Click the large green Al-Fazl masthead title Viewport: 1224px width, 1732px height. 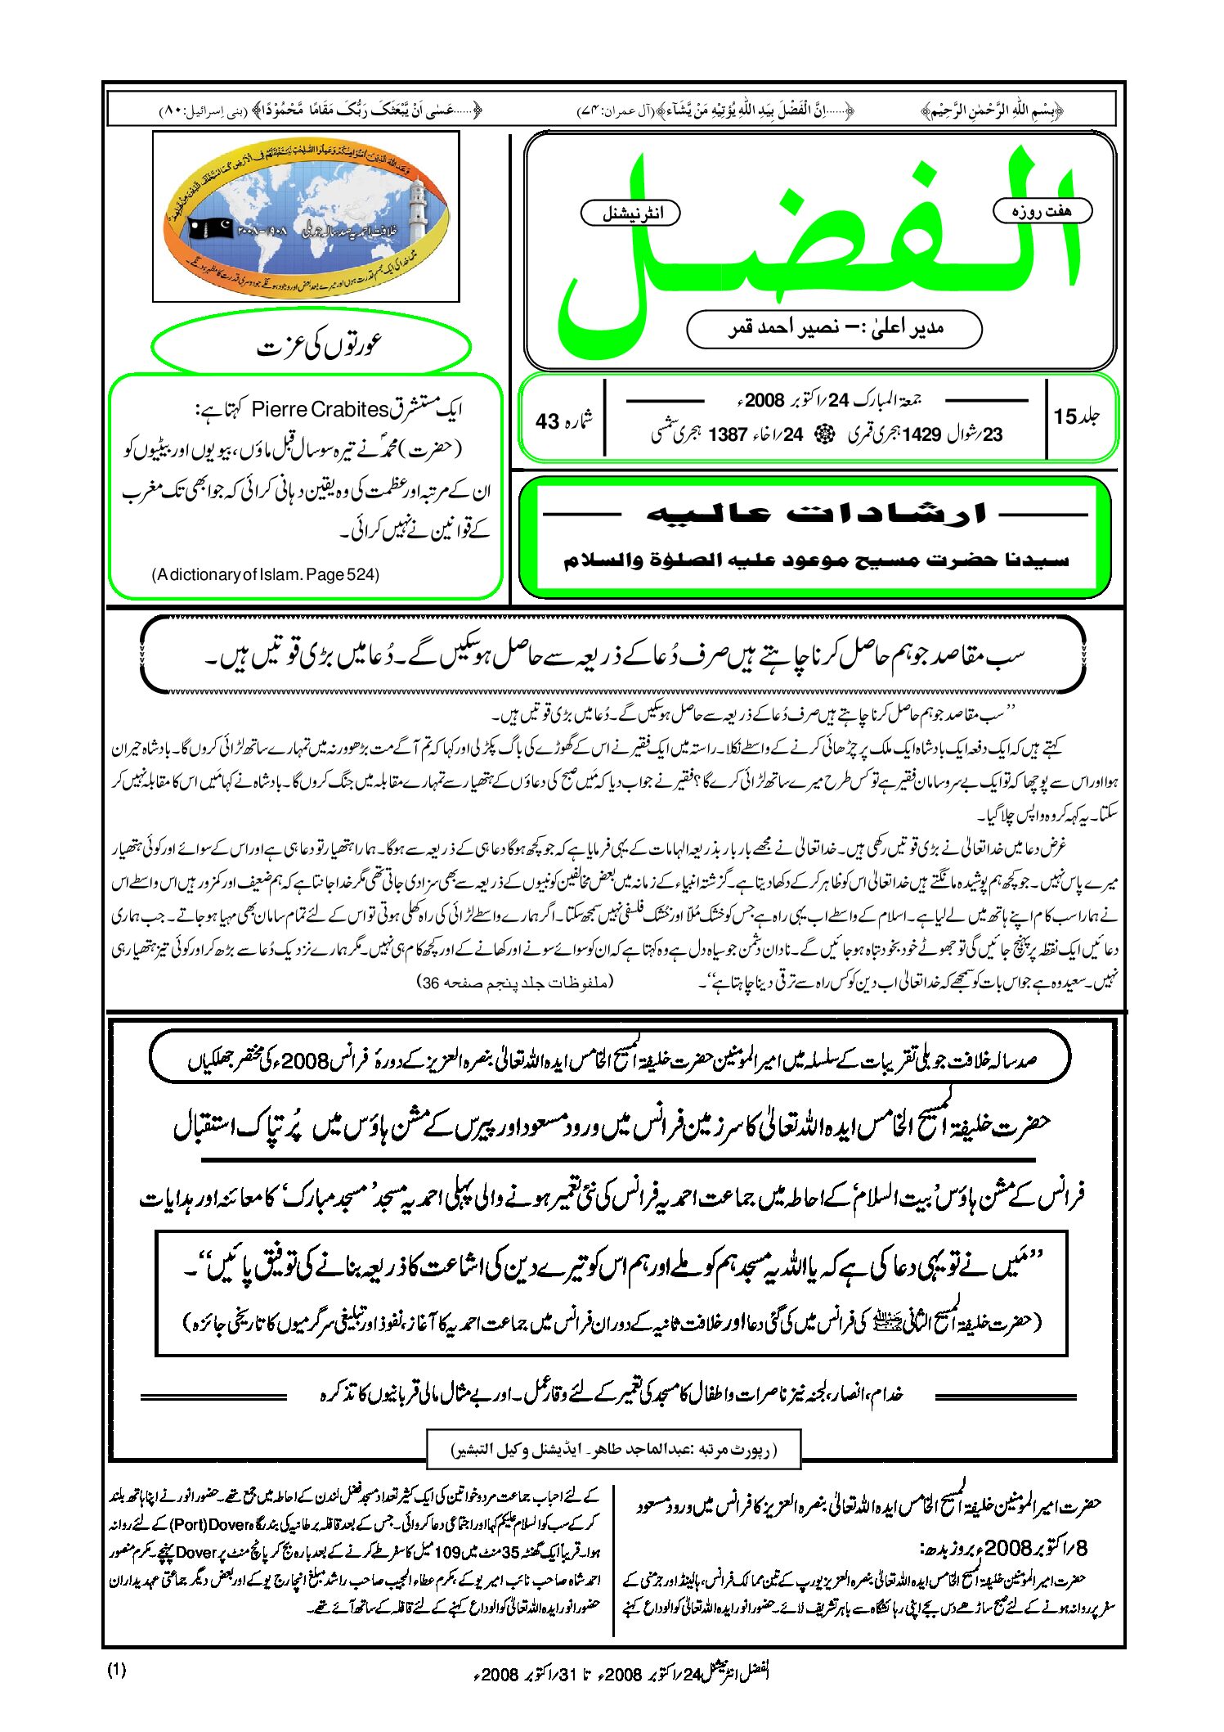818,245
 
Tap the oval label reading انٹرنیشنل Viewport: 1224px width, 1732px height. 630,214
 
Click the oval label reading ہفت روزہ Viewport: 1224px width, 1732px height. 1042,211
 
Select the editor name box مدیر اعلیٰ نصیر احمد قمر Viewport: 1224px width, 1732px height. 834,328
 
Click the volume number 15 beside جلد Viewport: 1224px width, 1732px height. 1065,416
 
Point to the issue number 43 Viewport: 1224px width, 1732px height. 547,421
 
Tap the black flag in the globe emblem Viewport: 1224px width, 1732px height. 211,228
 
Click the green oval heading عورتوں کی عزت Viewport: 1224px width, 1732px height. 312,346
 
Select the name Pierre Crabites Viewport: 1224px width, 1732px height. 320,409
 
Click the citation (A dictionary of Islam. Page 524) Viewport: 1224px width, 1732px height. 266,574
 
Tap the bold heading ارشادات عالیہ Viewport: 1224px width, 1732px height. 815,514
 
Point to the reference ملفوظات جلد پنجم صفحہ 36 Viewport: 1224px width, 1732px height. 515,982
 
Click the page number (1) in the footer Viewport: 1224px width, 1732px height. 117,1670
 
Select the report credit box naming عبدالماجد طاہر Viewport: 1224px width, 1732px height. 613,1451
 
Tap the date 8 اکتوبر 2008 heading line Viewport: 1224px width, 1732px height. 1006,1548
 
